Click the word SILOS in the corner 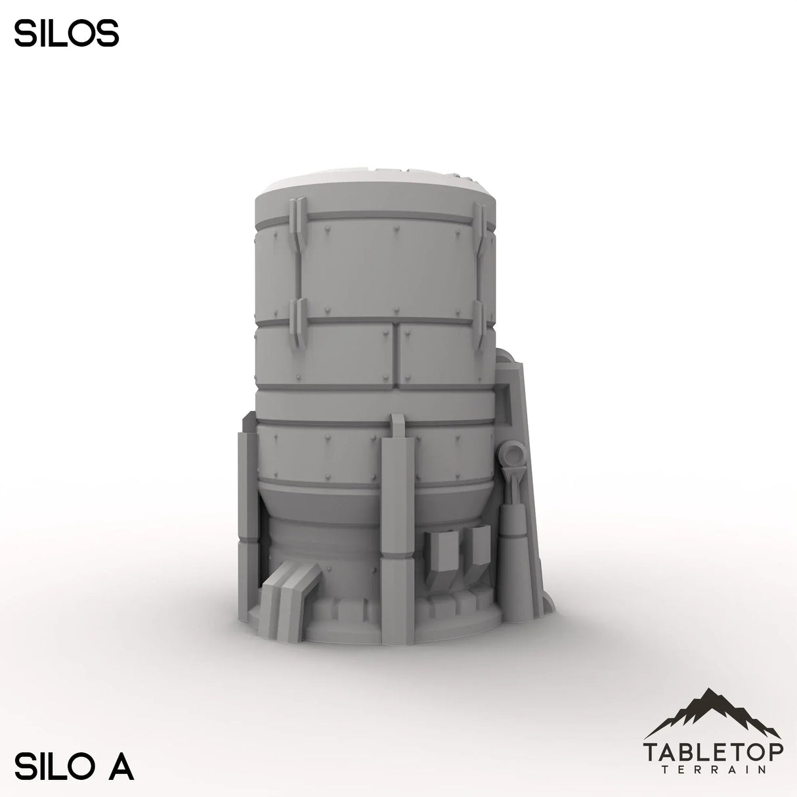pos(66,34)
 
